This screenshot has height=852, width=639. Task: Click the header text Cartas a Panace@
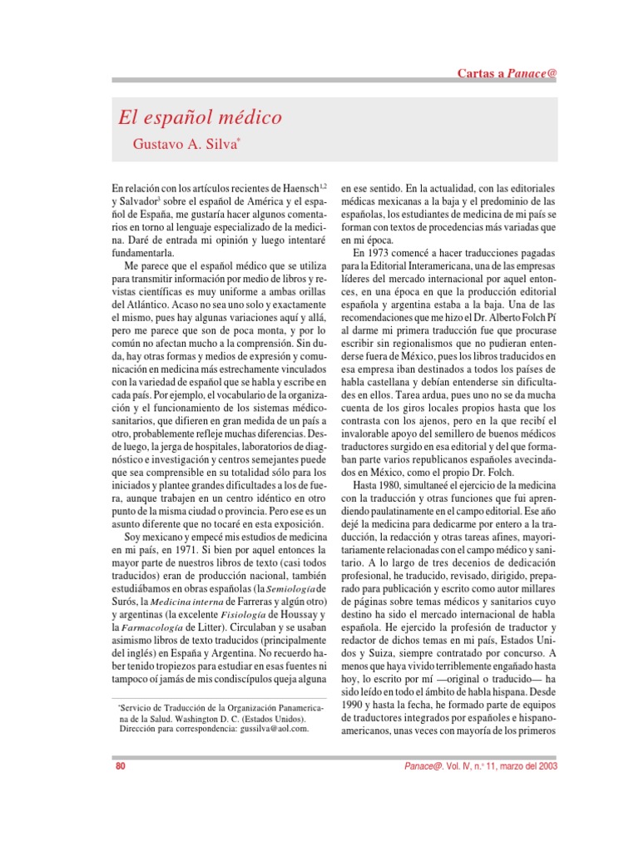(x=507, y=73)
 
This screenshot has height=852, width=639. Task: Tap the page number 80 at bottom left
(x=120, y=766)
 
